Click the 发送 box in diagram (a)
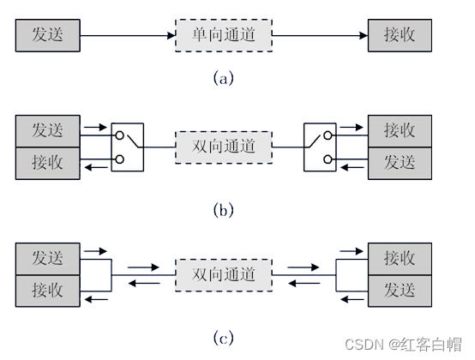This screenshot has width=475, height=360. (47, 36)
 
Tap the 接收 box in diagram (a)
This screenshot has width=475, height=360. (400, 36)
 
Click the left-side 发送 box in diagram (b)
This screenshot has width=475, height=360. (47, 131)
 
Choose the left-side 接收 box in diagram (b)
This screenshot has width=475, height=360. (47, 162)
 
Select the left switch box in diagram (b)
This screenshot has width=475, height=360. (128, 147)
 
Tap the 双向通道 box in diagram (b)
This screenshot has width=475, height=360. (223, 147)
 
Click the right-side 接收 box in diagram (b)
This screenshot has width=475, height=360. (400, 131)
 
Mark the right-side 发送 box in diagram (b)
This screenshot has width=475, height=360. (400, 162)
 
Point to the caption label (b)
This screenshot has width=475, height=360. (223, 208)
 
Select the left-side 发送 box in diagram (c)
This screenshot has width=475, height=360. (47, 258)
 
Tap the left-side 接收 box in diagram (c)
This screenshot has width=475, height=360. (47, 290)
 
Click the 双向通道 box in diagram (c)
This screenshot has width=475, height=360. (223, 274)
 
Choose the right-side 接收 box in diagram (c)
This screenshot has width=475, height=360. (400, 258)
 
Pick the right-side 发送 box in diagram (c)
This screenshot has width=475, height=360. (400, 290)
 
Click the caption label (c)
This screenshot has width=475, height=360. (223, 338)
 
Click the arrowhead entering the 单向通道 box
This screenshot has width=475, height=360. (170, 36)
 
